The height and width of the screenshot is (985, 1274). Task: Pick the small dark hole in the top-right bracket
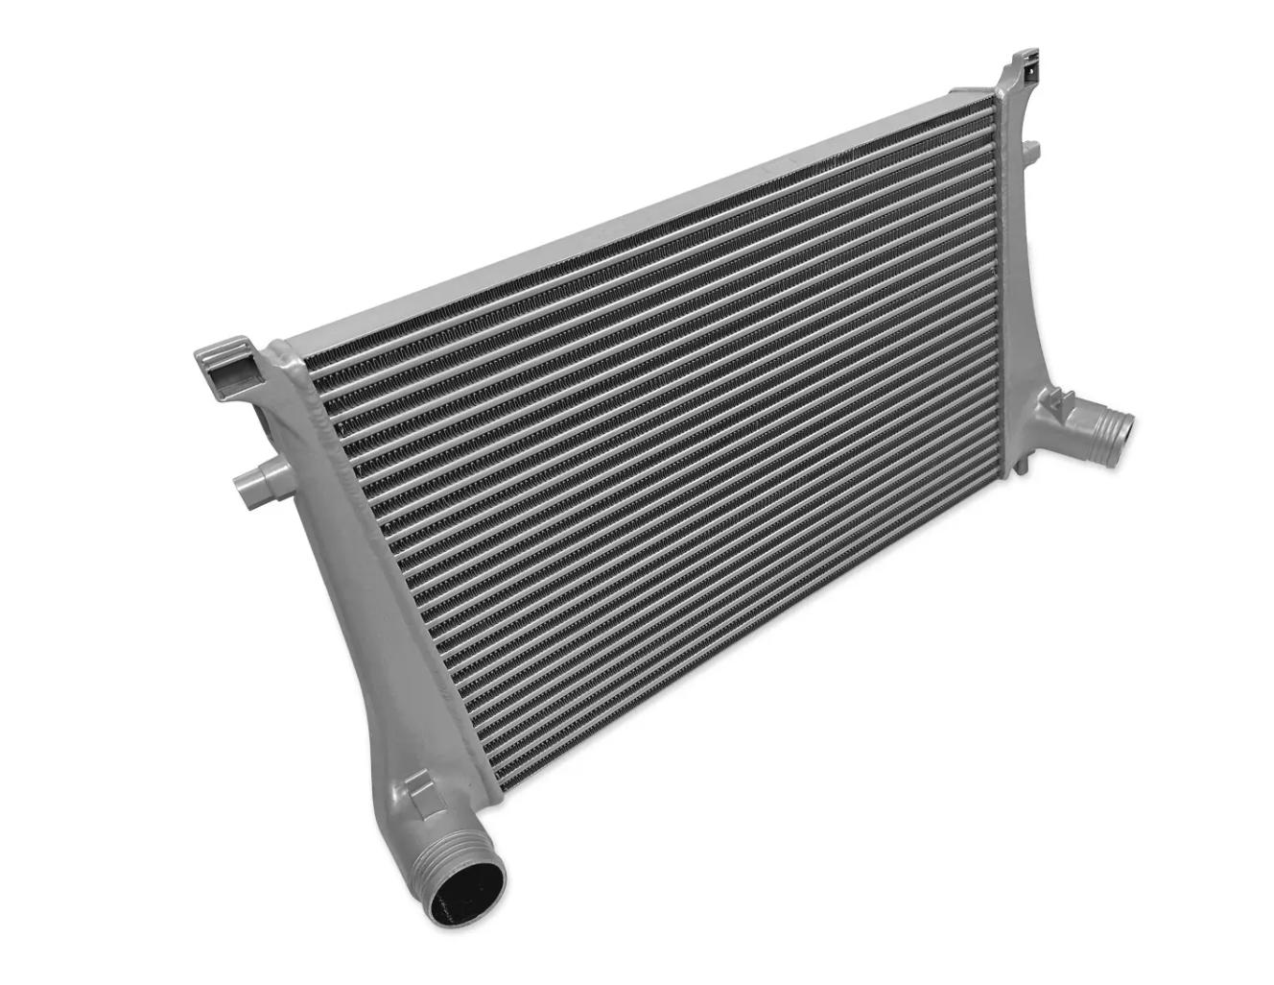pos(1029,70)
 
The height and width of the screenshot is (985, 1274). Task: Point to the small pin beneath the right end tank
pos(1023,465)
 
